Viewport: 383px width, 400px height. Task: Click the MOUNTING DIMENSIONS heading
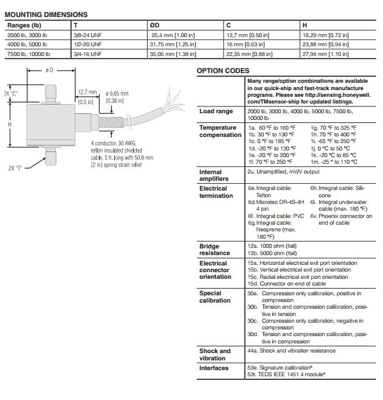(46, 15)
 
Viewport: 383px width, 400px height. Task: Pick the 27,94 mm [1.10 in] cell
(325, 54)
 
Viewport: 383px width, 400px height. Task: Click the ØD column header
(154, 25)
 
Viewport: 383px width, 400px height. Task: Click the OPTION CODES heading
(223, 71)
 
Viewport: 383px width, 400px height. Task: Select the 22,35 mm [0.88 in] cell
(250, 54)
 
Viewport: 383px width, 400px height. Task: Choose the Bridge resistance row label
(215, 250)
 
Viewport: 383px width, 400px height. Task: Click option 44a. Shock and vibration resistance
(291, 351)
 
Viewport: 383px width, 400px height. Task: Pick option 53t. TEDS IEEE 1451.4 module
(288, 375)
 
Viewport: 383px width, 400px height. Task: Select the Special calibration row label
(215, 296)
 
